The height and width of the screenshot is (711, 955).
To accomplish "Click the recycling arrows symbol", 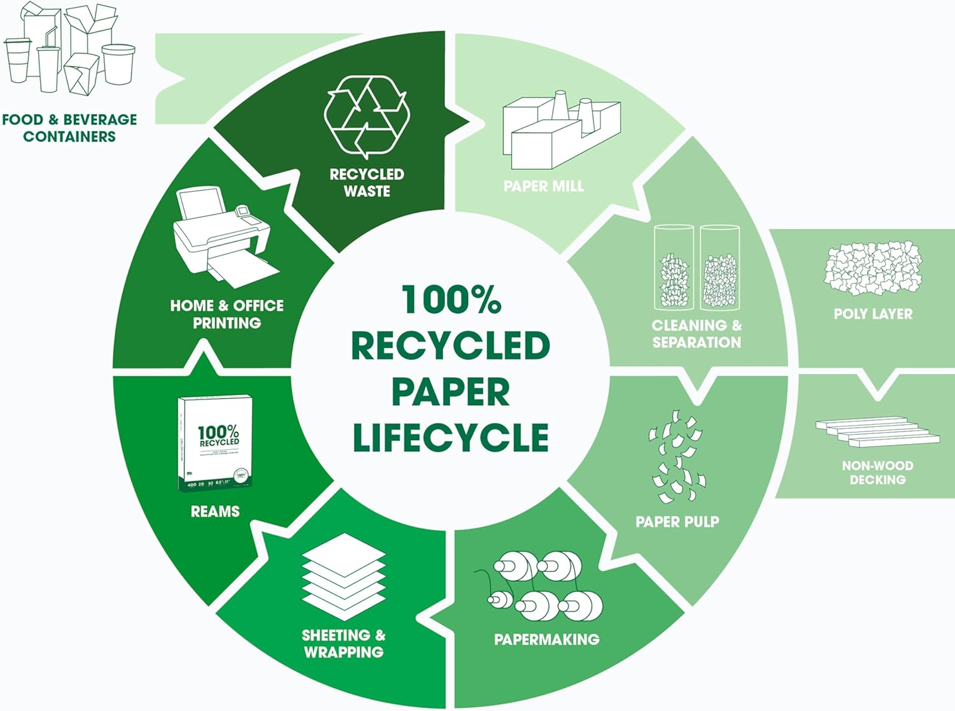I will [x=367, y=116].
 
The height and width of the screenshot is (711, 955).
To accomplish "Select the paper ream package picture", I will [x=216, y=443].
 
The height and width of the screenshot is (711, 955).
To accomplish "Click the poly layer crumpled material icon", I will [x=872, y=268].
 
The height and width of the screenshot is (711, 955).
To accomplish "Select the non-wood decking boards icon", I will [x=877, y=431].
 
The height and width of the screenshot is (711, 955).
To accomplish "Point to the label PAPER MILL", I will [x=543, y=186].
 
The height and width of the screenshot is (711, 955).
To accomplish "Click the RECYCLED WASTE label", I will [x=367, y=182].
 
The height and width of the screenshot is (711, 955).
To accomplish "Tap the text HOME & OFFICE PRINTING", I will [x=227, y=314].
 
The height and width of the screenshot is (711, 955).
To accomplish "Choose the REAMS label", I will [x=215, y=511].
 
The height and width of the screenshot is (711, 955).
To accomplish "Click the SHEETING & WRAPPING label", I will [x=344, y=643].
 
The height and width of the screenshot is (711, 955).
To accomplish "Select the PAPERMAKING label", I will [x=547, y=639].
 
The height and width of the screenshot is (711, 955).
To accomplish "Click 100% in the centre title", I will [x=451, y=299].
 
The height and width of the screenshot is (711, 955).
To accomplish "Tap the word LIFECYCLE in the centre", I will [x=451, y=438].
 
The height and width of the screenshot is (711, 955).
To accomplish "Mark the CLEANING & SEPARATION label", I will [x=697, y=334].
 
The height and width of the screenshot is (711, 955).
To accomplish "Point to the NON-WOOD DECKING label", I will [x=877, y=473].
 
